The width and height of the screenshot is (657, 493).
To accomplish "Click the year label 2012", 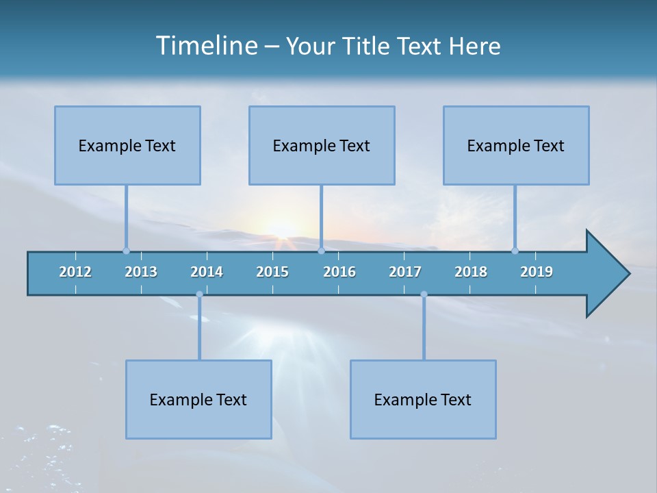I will (75, 272).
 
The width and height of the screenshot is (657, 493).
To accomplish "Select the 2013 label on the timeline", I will (141, 272).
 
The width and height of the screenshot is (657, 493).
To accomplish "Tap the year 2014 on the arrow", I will (207, 272).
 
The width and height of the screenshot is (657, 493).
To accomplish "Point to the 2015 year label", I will (272, 272).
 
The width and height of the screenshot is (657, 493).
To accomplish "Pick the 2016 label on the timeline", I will (339, 272).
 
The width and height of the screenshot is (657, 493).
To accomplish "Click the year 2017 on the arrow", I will (405, 272).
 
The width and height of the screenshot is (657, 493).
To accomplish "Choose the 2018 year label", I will (471, 272).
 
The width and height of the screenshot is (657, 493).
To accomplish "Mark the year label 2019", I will (537, 272).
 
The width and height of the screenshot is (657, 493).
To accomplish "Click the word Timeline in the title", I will (207, 46).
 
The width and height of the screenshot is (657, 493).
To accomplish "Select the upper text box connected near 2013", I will (127, 145).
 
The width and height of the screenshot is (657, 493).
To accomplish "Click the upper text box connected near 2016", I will (322, 145).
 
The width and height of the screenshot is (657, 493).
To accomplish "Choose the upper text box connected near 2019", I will (516, 145).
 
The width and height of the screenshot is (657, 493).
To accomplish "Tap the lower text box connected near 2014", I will (198, 399).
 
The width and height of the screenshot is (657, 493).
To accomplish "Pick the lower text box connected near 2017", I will (423, 399).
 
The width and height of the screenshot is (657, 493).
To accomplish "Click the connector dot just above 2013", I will (126, 251).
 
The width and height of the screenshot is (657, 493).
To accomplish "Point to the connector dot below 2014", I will (199, 294).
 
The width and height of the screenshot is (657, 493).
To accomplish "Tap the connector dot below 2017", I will (424, 294).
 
